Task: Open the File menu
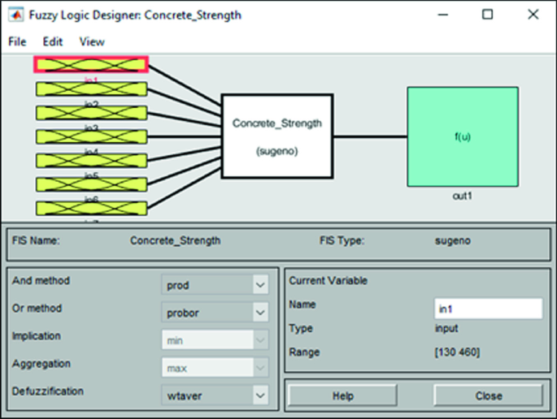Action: (x=17, y=41)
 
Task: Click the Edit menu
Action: (x=53, y=41)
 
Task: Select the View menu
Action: (x=92, y=41)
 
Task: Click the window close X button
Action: (x=533, y=15)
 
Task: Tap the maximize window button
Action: (x=487, y=15)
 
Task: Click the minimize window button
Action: (x=442, y=15)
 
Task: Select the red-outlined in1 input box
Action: (x=91, y=64)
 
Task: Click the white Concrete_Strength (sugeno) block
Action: (x=277, y=136)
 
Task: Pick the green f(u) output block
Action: (x=462, y=136)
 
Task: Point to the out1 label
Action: (x=462, y=196)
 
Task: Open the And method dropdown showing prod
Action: (x=215, y=285)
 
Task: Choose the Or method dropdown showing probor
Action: (x=215, y=312)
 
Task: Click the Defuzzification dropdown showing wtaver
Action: (x=215, y=395)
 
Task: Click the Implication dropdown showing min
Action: (x=215, y=341)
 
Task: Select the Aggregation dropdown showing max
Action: (x=215, y=369)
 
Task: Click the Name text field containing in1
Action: (x=488, y=309)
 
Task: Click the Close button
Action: (x=488, y=396)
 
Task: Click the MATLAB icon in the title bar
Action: (x=15, y=15)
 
